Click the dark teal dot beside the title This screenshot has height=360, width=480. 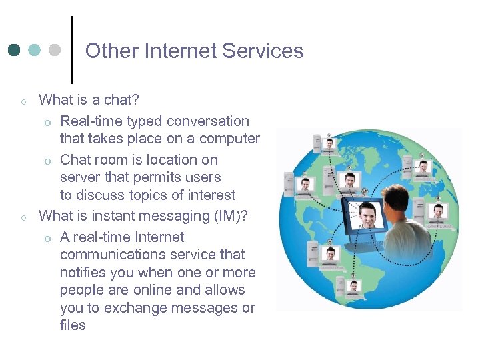(x=15, y=50)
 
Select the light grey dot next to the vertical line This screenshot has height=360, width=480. (x=55, y=50)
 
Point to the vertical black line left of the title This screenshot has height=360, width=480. (x=72, y=50)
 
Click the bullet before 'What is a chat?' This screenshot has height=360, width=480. (x=23, y=102)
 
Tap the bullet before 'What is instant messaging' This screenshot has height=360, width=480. (x=23, y=217)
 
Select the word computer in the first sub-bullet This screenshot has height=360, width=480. (x=225, y=139)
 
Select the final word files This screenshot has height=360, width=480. (x=73, y=325)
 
